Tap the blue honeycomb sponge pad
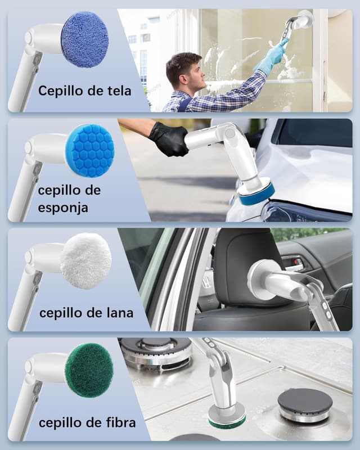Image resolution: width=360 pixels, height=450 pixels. [x=89, y=150]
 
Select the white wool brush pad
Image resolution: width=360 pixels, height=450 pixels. [x=85, y=261]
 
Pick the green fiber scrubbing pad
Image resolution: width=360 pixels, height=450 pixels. [x=89, y=370]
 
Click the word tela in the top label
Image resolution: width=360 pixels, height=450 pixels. [x=116, y=90]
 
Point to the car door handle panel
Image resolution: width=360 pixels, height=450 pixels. [x=292, y=263]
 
